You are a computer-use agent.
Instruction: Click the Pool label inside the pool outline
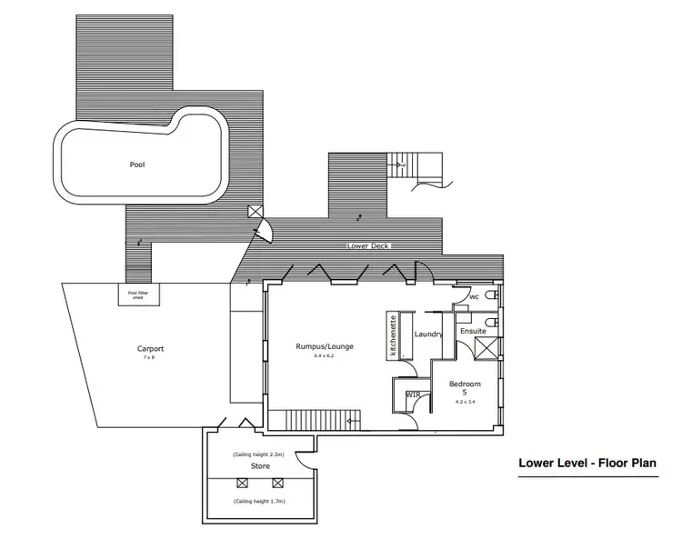pos(137,165)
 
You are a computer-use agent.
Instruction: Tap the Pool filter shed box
pos(137,294)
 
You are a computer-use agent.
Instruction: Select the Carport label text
pos(150,348)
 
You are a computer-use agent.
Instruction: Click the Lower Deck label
pos(371,246)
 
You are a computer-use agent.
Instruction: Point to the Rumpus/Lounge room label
pos(324,346)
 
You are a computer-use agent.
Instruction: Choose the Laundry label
pos(427,334)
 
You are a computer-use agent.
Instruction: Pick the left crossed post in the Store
pos(243,484)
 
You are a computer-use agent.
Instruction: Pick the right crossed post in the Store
pos(278,484)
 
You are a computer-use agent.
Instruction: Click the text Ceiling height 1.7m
pos(259,502)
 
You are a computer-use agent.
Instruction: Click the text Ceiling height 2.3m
pos(259,454)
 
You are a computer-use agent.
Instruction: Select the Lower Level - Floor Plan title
pos(587,464)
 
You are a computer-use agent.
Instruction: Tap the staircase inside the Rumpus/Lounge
pos(324,420)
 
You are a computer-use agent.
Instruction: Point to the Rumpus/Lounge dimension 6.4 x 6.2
pos(324,357)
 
